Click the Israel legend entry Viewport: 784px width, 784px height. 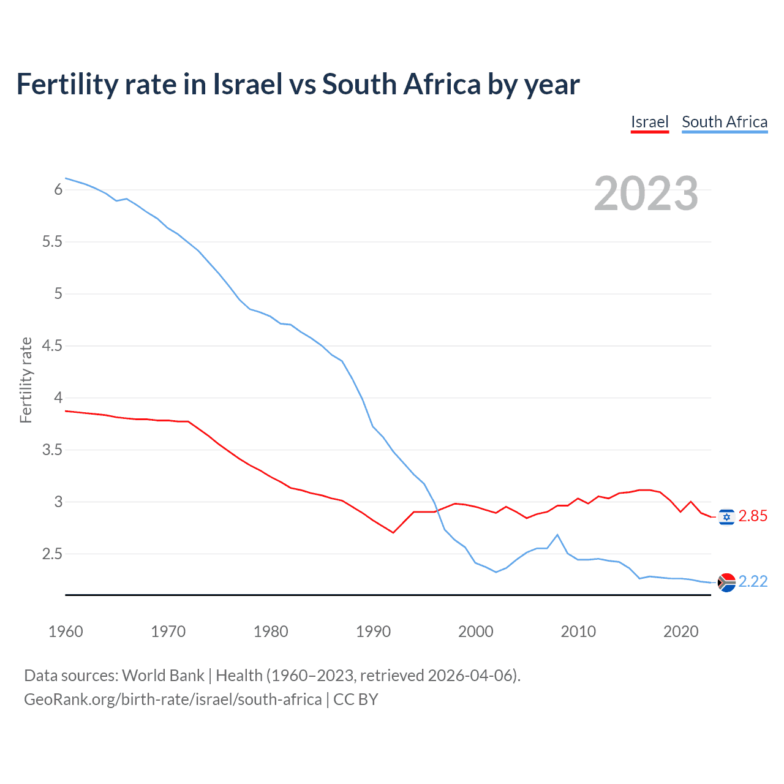point(649,122)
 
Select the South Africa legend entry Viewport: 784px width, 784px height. point(724,122)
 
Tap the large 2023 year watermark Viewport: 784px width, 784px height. point(646,194)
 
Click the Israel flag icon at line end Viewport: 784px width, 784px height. point(726,517)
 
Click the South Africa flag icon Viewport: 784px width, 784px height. point(726,582)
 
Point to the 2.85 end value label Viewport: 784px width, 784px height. point(753,516)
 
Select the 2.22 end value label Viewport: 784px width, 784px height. point(753,581)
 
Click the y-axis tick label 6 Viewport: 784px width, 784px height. point(58,189)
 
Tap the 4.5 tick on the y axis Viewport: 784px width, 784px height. point(52,345)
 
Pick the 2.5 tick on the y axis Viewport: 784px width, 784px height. point(52,554)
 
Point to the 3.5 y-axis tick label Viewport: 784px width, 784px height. point(52,450)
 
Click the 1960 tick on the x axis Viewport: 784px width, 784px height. point(66,631)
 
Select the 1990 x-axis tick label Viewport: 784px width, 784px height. point(373,631)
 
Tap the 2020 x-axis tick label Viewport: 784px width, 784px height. point(680,631)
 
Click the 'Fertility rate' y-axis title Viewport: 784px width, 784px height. point(26,380)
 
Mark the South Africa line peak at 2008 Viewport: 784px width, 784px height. point(557,535)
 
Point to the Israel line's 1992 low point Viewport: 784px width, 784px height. point(393,532)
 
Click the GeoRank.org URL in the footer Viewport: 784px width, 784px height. point(173,699)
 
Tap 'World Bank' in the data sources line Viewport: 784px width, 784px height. point(163,675)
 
